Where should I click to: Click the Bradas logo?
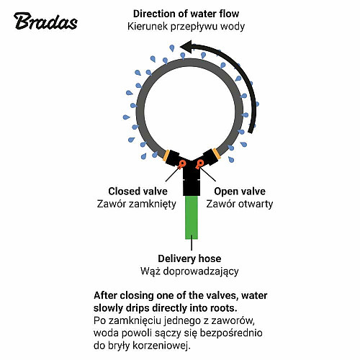45,21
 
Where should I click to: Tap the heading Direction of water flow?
186,14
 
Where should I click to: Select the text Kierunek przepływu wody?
186,27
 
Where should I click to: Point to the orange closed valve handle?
182,164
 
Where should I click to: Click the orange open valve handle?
199,164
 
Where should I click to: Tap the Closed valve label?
138,192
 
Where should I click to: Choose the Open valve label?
240,192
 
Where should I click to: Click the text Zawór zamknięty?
137,204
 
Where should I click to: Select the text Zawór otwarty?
240,204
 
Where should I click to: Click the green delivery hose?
192,217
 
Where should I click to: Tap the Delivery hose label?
189,258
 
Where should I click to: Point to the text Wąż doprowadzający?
189,271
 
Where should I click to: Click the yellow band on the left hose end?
166,156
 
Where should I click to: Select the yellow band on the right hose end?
216,153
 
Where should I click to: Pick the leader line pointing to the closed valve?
172,174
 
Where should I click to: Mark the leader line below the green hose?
192,243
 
